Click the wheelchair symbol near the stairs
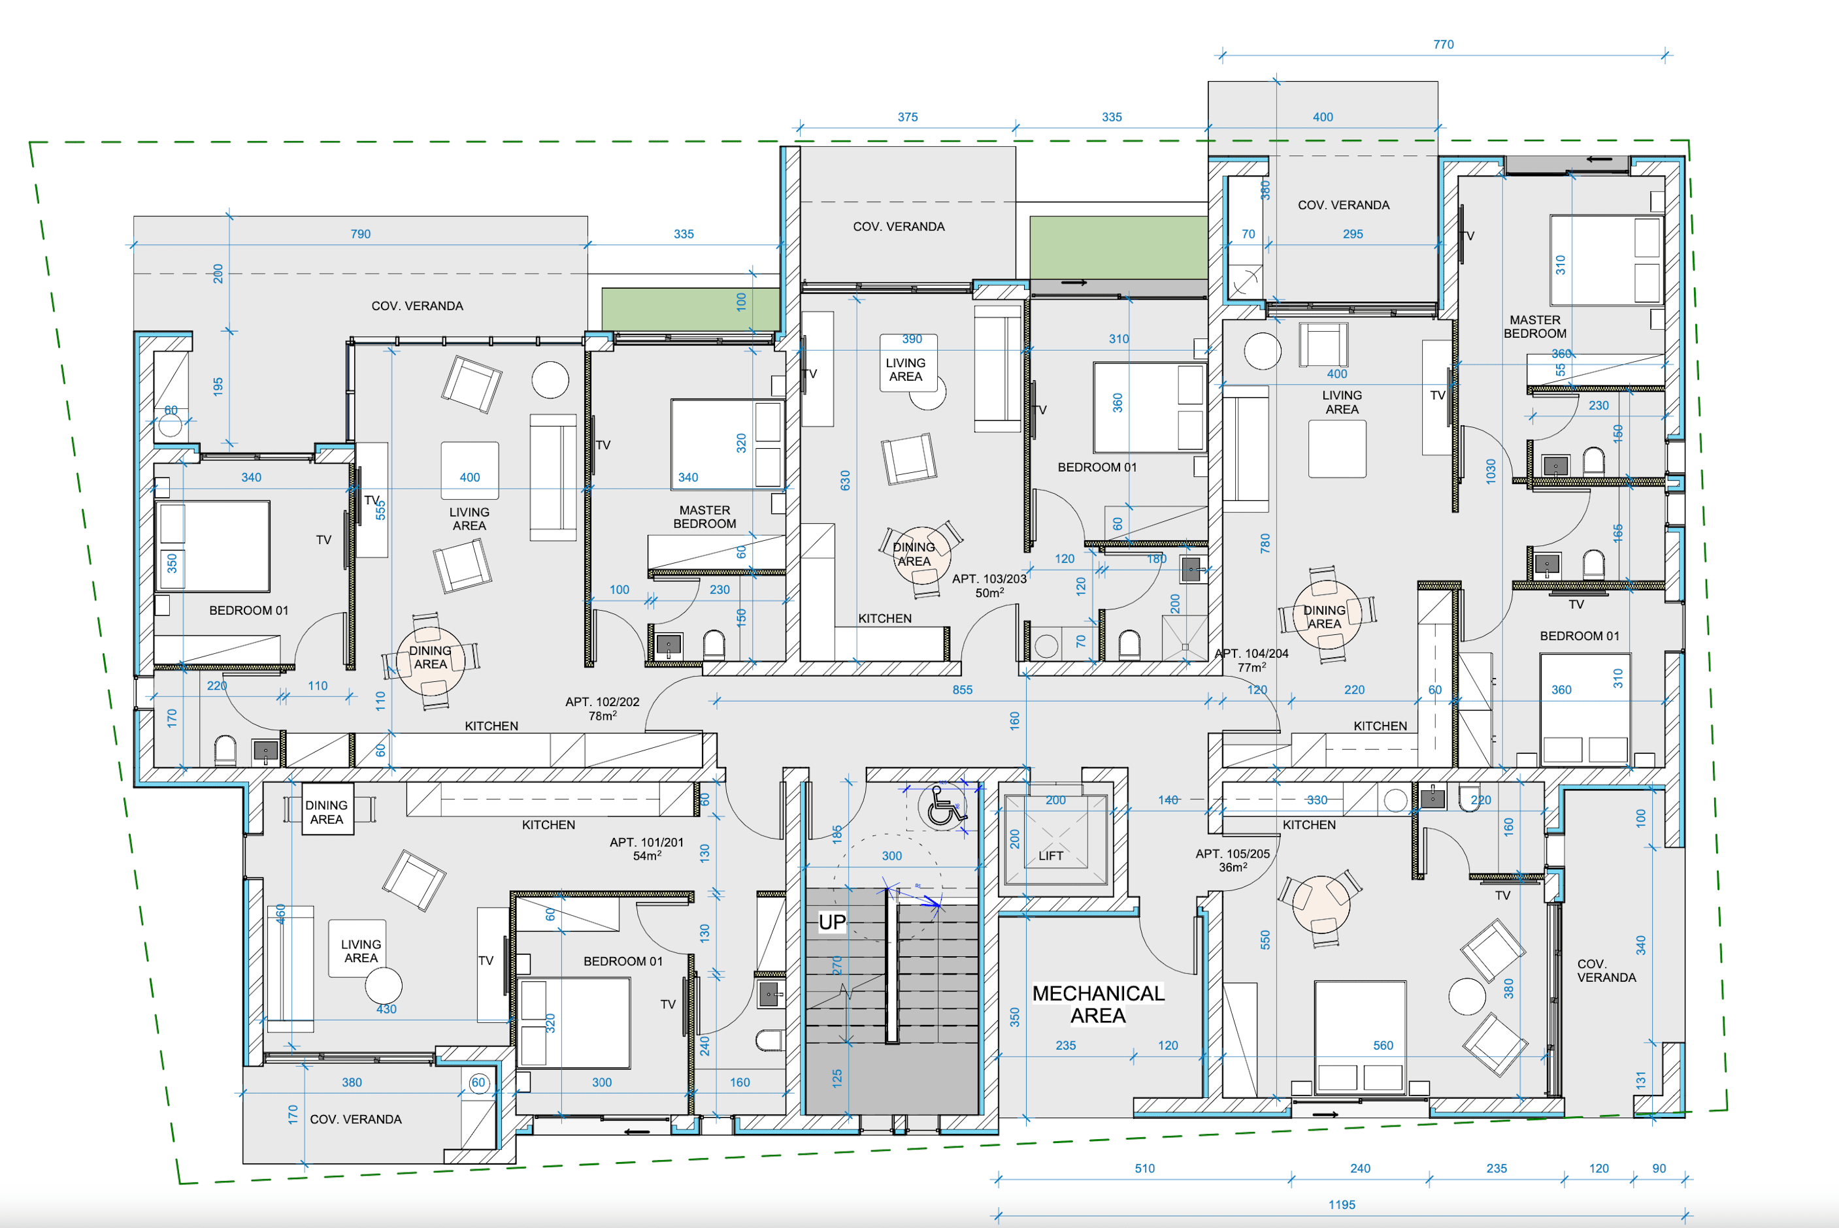point(944,807)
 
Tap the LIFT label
point(1050,855)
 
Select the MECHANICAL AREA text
point(1098,1004)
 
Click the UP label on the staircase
point(831,922)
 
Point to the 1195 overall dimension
point(1342,1204)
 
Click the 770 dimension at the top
point(1444,44)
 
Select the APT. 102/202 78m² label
point(602,709)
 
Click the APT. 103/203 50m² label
point(989,585)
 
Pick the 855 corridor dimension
point(962,690)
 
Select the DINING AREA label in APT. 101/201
point(327,812)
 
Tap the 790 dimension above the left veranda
point(361,234)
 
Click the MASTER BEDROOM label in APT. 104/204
point(1534,327)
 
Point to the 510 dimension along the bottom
point(1144,1169)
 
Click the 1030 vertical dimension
point(1490,472)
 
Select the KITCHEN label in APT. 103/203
point(885,619)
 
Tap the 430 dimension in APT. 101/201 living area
point(386,1009)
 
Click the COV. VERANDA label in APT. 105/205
point(1606,971)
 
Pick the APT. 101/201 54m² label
point(646,849)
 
